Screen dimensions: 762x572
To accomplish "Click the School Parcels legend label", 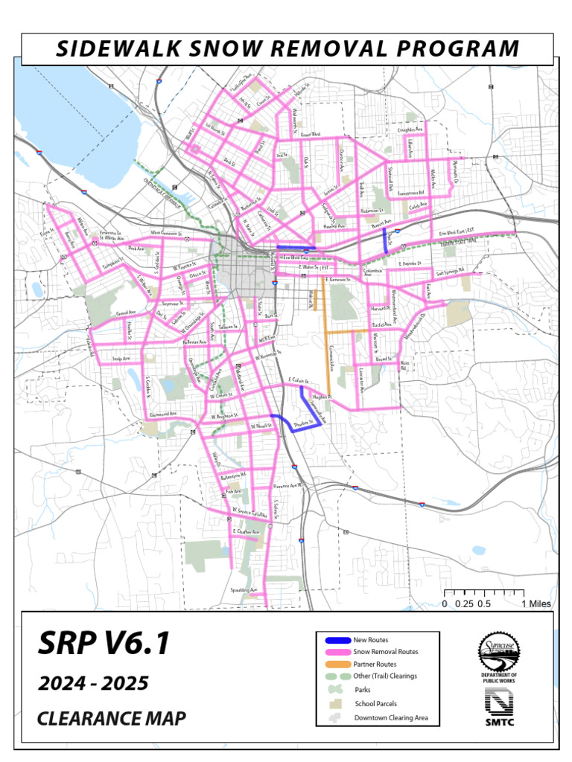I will coord(375,703).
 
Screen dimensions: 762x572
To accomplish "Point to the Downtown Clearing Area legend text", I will coord(391,718).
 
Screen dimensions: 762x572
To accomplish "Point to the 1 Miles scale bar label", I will coord(536,603).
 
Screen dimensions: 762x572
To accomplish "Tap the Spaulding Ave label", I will coord(243,590).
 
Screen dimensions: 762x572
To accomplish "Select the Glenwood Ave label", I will coord(163,414).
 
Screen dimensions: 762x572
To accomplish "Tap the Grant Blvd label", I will coord(310,135).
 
